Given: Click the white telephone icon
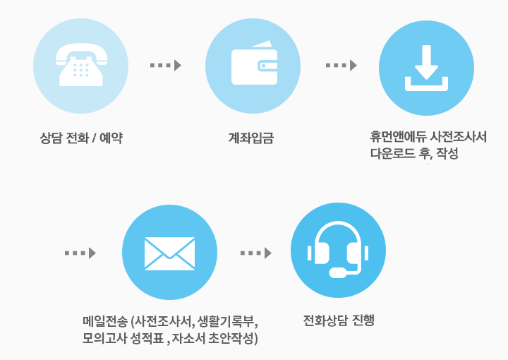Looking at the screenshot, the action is point(81,64).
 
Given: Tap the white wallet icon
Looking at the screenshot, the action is point(254,63).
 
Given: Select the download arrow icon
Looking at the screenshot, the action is point(426,68).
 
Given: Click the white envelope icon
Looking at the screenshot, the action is point(169,253).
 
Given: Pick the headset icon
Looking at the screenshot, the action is point(338,249).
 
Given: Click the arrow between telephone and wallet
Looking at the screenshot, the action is point(166,65).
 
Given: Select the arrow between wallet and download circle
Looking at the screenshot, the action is point(341,65).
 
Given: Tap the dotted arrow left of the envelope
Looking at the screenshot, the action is point(80,253).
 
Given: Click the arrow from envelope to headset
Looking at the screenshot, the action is point(256,253).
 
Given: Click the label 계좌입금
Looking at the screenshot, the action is point(251,138).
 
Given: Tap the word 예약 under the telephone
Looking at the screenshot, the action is point(111,138).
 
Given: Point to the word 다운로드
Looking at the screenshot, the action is point(393,153).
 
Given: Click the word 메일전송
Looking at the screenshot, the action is point(105,321).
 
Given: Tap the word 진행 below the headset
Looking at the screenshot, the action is point(363,320).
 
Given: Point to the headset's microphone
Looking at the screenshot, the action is point(338,272).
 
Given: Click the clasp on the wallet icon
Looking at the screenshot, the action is point(267,66).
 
